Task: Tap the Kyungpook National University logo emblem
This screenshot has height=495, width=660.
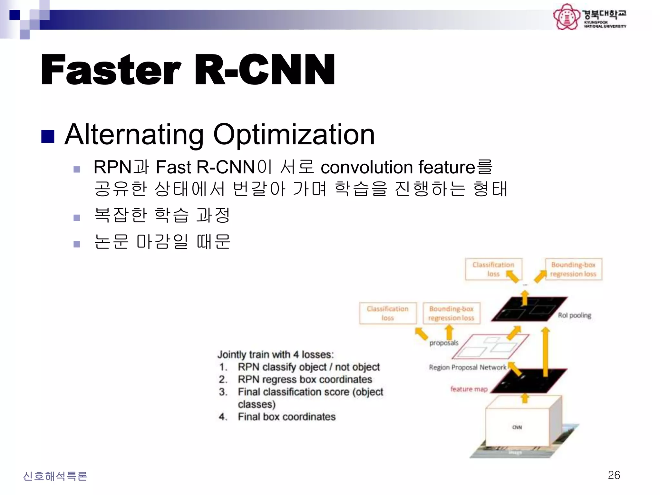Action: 566,17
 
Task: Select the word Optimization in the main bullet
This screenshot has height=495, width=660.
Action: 294,135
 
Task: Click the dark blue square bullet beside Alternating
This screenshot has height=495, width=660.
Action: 48,136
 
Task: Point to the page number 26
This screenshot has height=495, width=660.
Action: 614,475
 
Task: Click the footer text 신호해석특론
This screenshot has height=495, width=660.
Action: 55,476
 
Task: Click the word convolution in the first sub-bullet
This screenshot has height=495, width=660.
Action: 367,167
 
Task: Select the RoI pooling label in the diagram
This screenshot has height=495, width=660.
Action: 574,315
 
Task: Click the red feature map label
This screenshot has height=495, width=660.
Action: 469,389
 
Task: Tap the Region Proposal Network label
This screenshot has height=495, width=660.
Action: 467,367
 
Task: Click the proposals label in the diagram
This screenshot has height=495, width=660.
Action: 443,343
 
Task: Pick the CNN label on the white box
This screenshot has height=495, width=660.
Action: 517,427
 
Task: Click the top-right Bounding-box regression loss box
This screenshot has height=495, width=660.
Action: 573,269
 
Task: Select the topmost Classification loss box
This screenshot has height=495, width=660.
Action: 493,269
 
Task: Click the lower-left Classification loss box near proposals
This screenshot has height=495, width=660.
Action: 388,313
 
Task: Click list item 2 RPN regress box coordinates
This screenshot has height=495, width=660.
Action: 305,379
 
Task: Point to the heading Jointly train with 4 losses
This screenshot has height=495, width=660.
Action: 276,354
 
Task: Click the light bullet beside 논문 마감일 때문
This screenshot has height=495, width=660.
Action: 77,244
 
